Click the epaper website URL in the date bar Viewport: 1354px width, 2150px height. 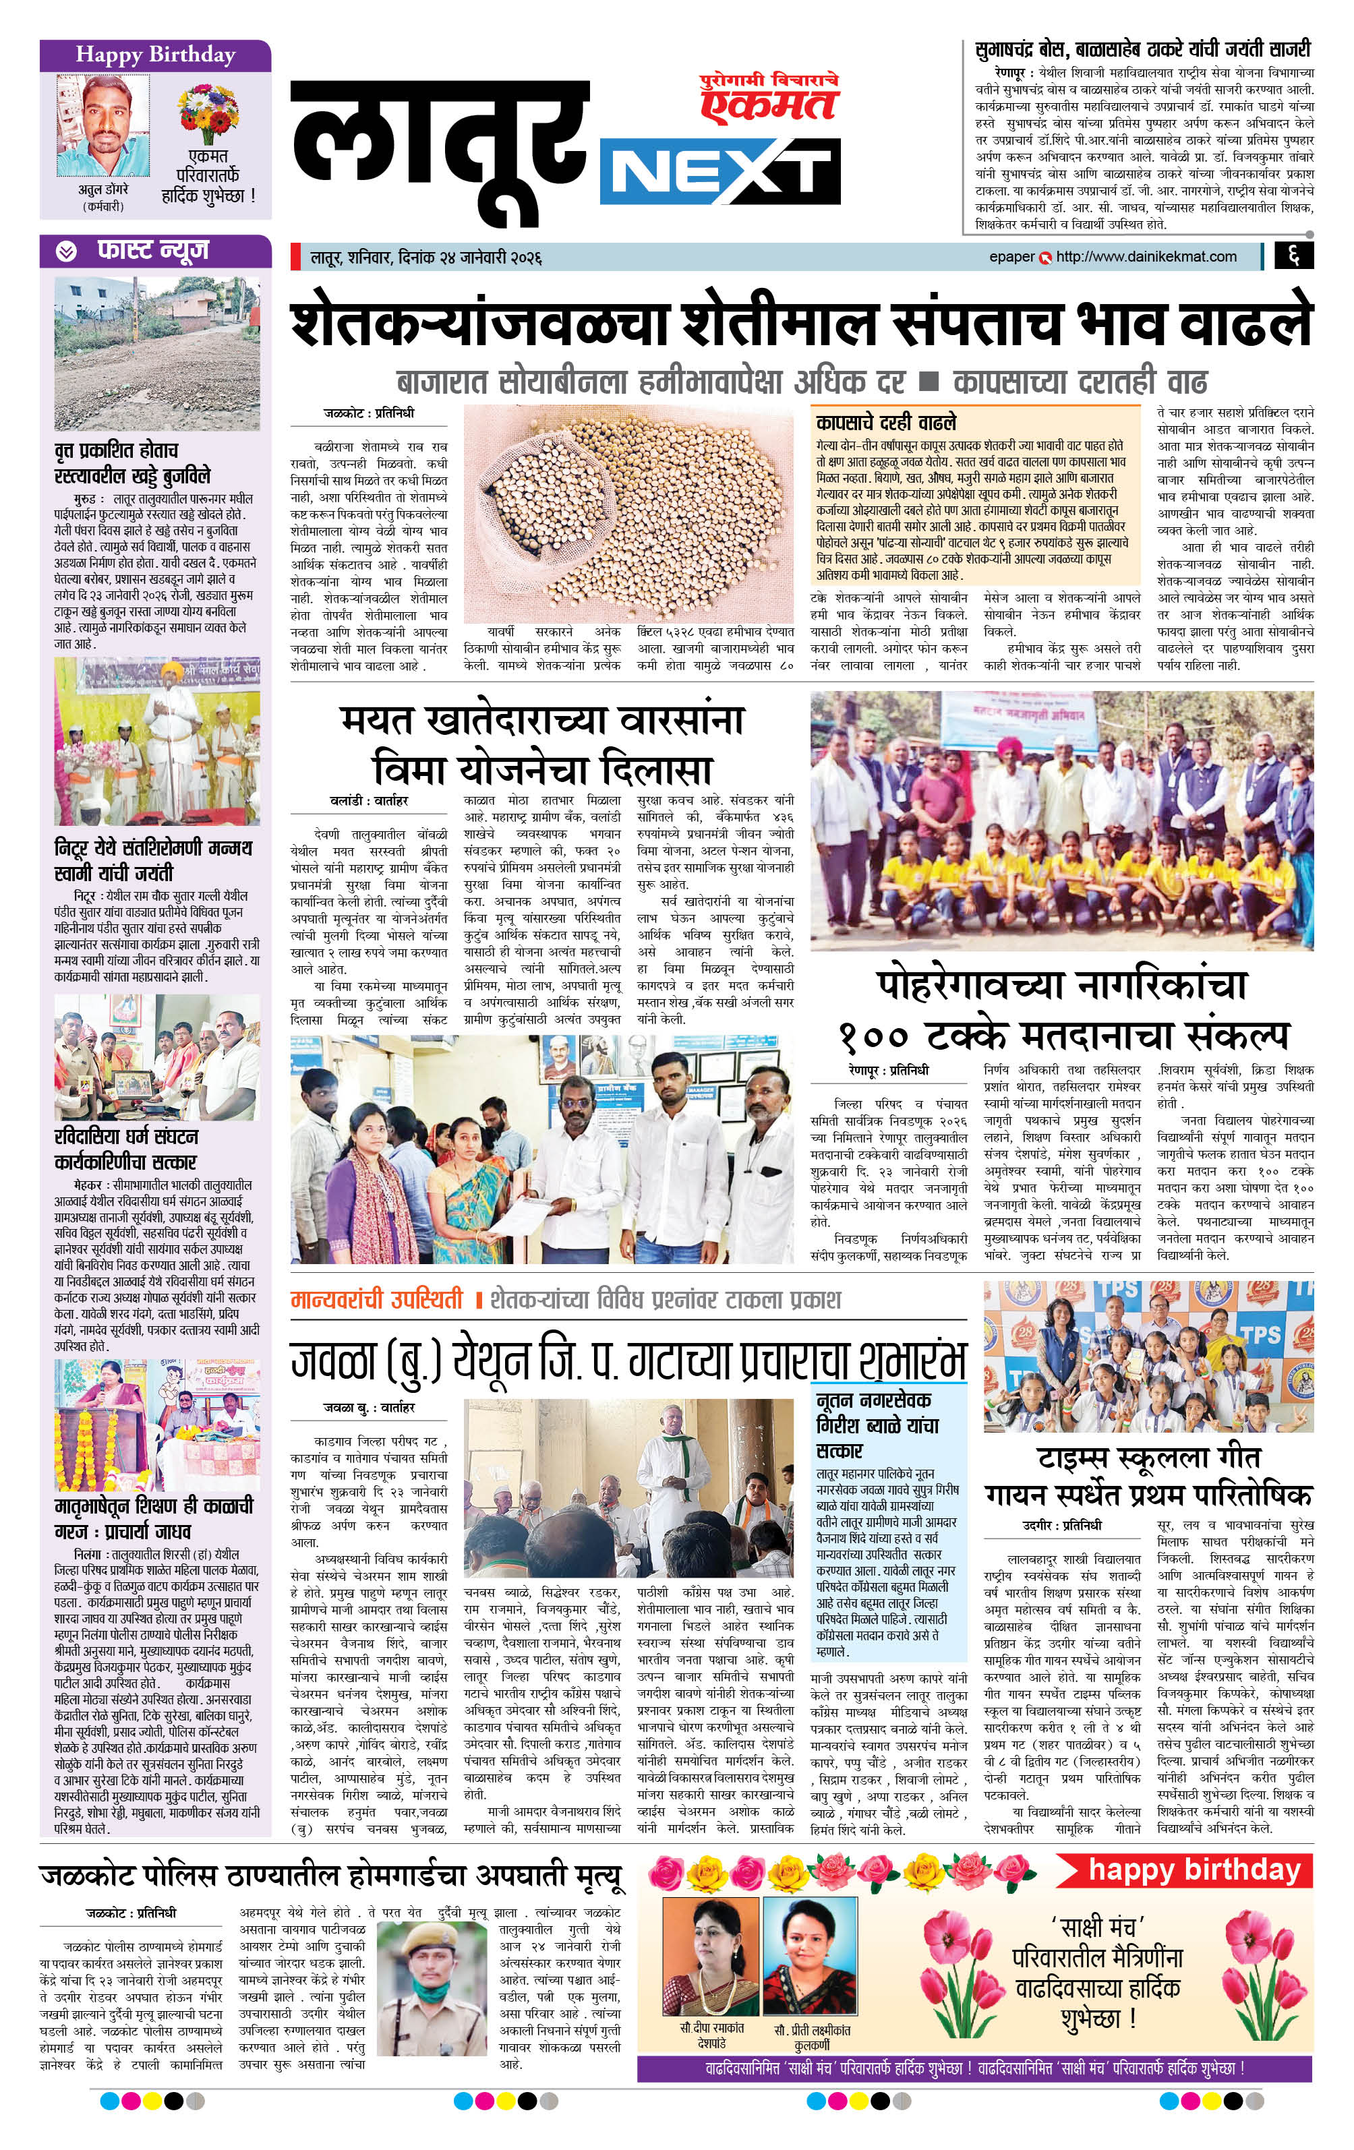(1146, 257)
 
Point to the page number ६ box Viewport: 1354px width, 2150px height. (1293, 257)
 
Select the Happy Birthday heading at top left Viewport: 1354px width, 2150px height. (154, 55)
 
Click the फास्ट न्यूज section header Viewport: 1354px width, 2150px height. (154, 251)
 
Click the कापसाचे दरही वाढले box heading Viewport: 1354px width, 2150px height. (885, 421)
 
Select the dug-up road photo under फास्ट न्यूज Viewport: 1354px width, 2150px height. (157, 353)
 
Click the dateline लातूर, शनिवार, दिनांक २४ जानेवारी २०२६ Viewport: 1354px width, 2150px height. (426, 259)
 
